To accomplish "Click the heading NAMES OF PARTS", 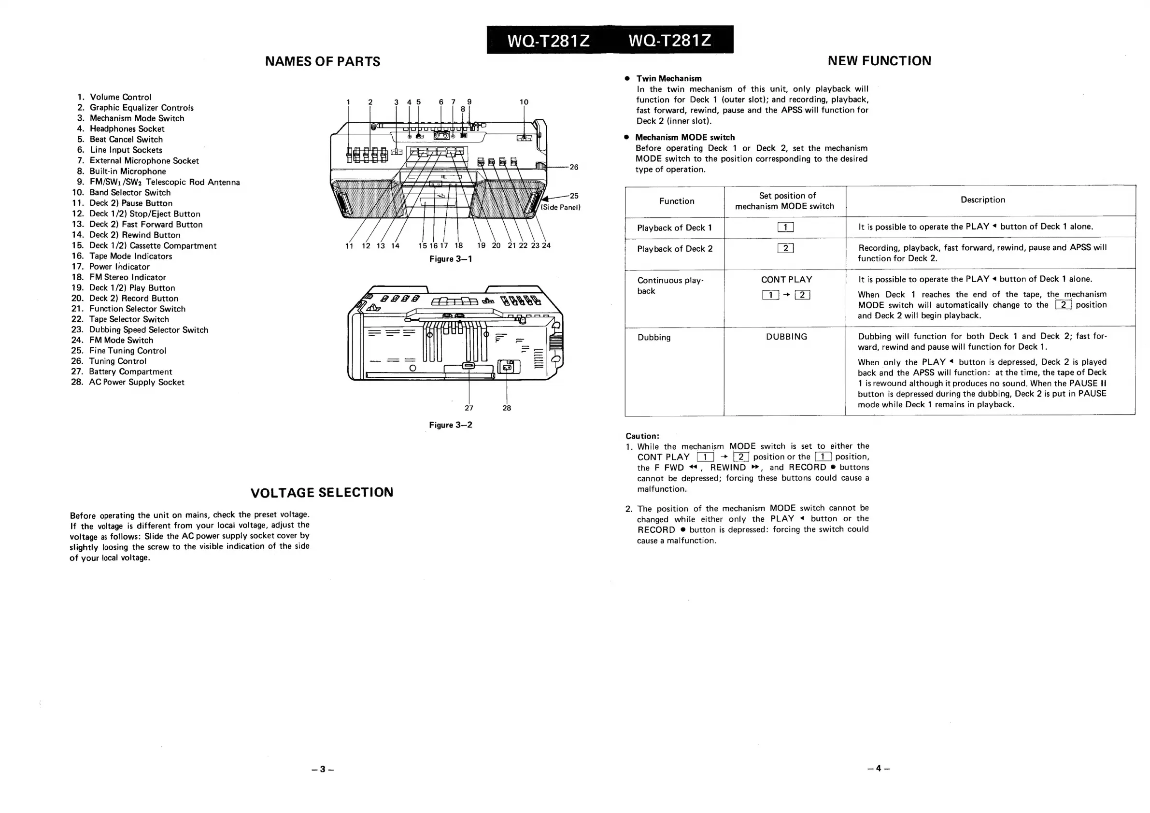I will (x=323, y=62).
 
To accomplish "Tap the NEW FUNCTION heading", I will (x=879, y=61).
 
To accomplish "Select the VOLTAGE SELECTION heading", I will (x=322, y=492).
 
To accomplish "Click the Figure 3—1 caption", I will (x=450, y=259).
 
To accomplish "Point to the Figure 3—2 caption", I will (x=450, y=425).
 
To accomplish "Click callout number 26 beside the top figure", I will (x=573, y=167).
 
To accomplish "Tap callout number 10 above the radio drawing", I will (x=524, y=102).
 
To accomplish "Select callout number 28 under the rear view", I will (x=507, y=408).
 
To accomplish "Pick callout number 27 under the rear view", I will (x=469, y=408).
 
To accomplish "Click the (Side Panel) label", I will (x=560, y=207).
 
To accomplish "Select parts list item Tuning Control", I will (x=118, y=361).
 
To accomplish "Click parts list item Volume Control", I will (x=120, y=97).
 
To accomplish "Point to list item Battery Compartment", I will (x=130, y=371).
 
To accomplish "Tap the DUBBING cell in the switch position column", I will (x=786, y=337).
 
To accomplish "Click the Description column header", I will (x=983, y=200).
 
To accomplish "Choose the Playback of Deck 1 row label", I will (x=674, y=228).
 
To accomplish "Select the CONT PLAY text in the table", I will (x=786, y=280).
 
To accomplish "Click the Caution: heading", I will (x=642, y=436).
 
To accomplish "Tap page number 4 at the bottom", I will (x=879, y=769).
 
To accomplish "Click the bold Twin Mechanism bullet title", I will (x=668, y=79).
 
